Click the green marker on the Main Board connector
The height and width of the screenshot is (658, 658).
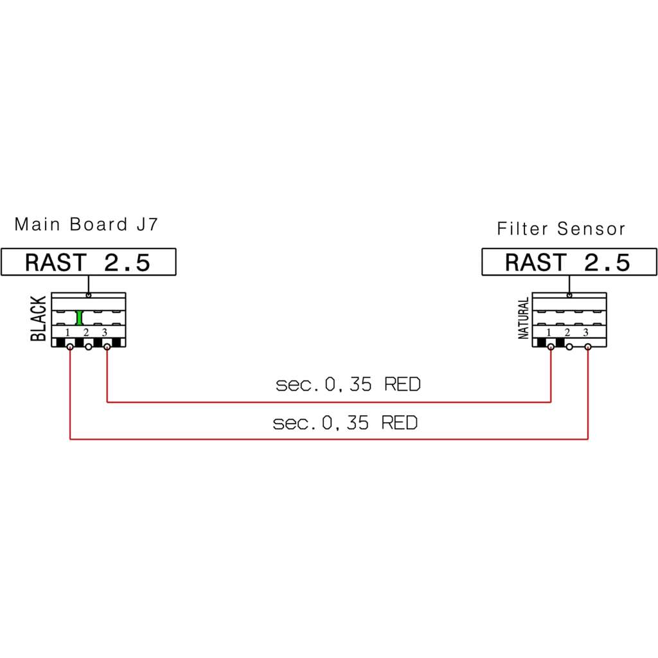79,317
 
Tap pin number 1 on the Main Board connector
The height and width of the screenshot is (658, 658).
67,332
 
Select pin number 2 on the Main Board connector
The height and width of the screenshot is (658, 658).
86,332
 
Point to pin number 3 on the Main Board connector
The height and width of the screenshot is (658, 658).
105,332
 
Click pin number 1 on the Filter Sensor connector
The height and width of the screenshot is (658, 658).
548,332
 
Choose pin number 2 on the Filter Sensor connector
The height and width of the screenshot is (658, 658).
567,332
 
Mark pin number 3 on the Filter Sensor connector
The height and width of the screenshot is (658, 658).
585,332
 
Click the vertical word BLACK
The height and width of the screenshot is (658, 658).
38,319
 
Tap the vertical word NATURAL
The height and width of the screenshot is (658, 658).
523,318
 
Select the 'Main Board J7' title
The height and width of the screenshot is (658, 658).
86,224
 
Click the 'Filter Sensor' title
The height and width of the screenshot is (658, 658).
560,229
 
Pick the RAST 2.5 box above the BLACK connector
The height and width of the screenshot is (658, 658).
89,262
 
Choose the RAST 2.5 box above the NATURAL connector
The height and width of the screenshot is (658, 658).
569,262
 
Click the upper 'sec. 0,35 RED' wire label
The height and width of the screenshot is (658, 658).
348,384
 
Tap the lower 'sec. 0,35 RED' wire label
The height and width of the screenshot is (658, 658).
345,423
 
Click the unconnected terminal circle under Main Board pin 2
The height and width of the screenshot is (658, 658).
89,347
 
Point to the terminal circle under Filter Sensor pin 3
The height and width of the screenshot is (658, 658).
588,347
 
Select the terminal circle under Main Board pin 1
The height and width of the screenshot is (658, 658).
69,347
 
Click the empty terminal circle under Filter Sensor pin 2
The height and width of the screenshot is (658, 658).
569,347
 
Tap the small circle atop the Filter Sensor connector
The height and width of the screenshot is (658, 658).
569,296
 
